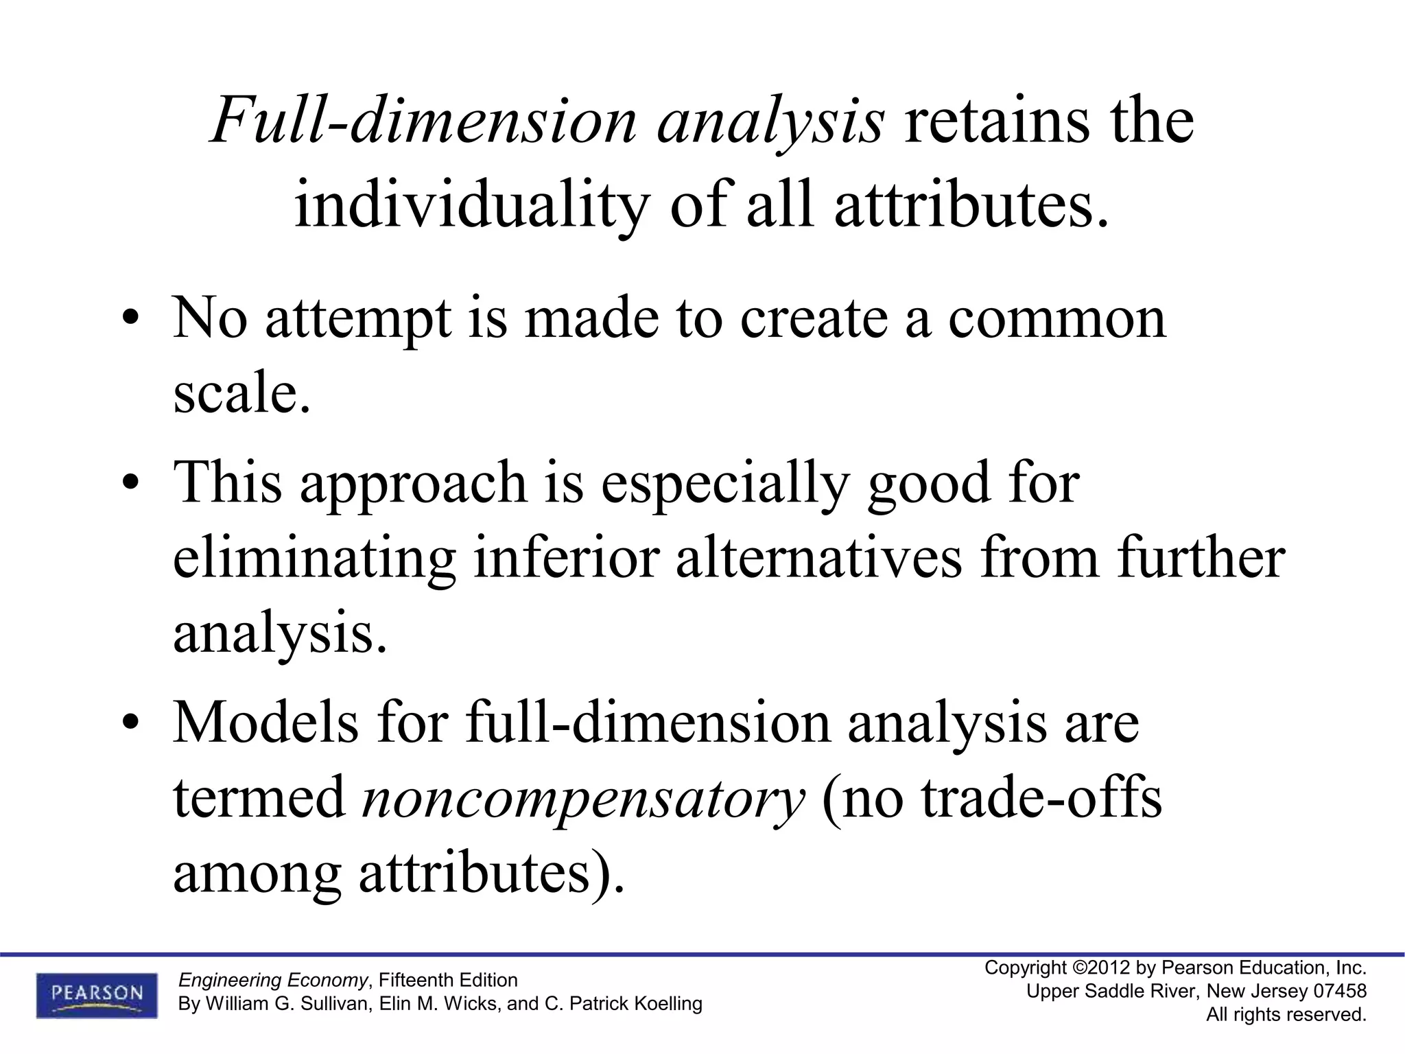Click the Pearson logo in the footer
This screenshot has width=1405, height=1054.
(x=97, y=995)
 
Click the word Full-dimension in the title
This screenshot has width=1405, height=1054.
(x=423, y=122)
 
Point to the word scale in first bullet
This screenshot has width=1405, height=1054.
(x=240, y=394)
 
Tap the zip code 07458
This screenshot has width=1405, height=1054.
(x=1340, y=992)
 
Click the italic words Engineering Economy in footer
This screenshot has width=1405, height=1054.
(x=272, y=980)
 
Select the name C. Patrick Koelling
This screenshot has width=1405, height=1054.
(x=623, y=1004)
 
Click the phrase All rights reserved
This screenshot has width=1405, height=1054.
(x=1286, y=1014)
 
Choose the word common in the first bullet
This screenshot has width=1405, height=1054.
(x=1056, y=318)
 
